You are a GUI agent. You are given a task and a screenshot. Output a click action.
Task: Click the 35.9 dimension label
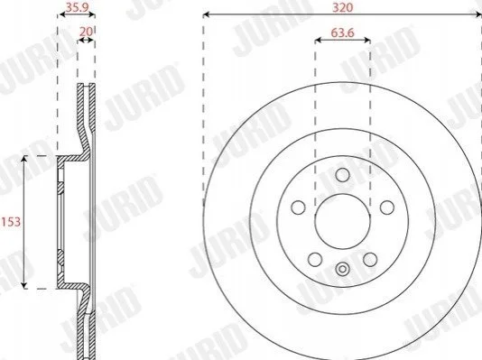tap(75, 6)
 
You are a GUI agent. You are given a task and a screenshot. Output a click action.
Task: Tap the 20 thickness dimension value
tap(86, 32)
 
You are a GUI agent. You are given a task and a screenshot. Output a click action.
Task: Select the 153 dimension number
tap(11, 221)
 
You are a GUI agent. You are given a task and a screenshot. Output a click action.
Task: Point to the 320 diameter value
tap(342, 7)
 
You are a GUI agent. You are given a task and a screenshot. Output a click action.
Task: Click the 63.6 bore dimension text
tap(342, 32)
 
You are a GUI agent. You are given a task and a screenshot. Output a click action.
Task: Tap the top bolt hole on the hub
tap(342, 175)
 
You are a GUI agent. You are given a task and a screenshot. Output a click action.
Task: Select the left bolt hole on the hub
tap(298, 208)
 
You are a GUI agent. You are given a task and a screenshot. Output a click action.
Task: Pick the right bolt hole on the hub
tap(387, 208)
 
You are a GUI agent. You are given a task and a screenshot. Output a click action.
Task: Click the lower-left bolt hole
tap(315, 260)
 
